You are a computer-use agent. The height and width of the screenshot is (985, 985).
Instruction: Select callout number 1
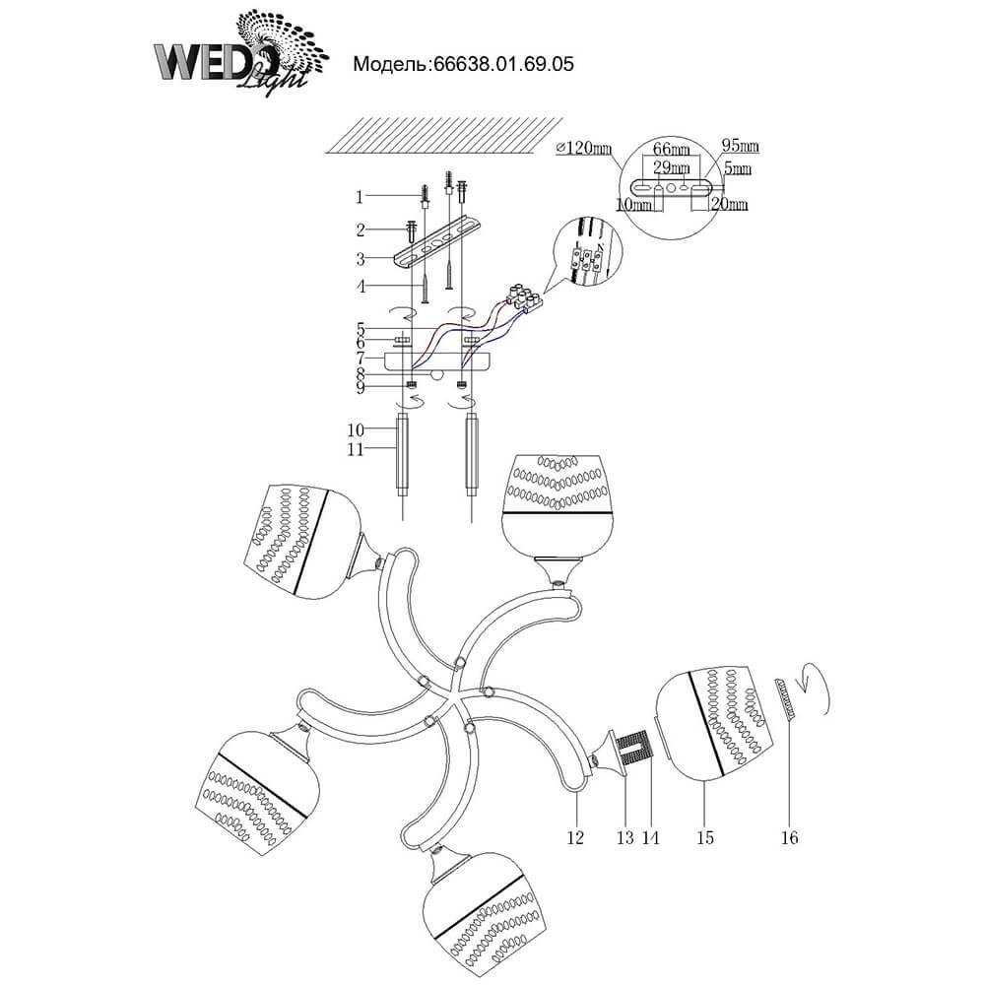pyautogui.click(x=361, y=196)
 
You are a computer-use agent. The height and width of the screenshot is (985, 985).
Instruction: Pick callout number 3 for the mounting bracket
pyautogui.click(x=361, y=259)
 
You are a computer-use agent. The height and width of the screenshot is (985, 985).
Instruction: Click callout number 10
pyautogui.click(x=357, y=429)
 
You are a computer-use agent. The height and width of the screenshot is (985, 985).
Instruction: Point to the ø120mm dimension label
pyautogui.click(x=584, y=149)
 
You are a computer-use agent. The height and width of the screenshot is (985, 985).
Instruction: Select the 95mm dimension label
pyautogui.click(x=739, y=147)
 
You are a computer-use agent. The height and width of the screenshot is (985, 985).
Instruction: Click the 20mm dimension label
pyautogui.click(x=730, y=204)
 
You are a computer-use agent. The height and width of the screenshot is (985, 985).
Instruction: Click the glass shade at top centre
pyautogui.click(x=557, y=502)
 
